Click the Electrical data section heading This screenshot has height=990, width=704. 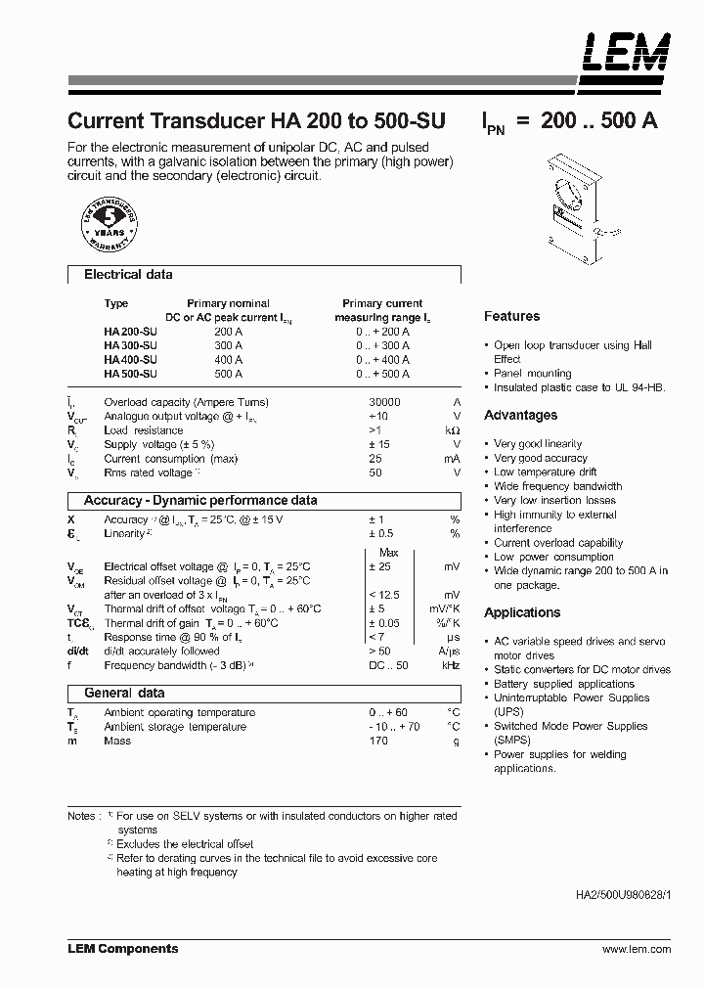tap(128, 275)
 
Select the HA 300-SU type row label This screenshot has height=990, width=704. tap(129, 345)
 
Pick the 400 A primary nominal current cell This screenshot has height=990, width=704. tap(228, 360)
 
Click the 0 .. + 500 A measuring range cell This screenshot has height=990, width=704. tap(382, 374)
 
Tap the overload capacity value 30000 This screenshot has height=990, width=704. tap(383, 402)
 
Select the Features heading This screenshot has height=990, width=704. tap(511, 316)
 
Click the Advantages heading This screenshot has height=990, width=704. tap(520, 415)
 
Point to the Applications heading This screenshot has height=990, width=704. tap(522, 612)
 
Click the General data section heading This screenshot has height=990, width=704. tap(124, 693)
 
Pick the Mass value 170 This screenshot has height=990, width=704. tap(378, 741)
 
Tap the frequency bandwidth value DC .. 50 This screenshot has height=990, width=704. tap(387, 665)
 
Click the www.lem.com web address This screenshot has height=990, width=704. tap(637, 949)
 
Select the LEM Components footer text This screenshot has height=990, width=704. tap(122, 949)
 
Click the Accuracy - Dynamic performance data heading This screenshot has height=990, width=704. tap(200, 500)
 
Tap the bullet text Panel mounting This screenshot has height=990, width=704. tap(532, 373)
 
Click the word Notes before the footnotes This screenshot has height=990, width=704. tap(82, 816)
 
